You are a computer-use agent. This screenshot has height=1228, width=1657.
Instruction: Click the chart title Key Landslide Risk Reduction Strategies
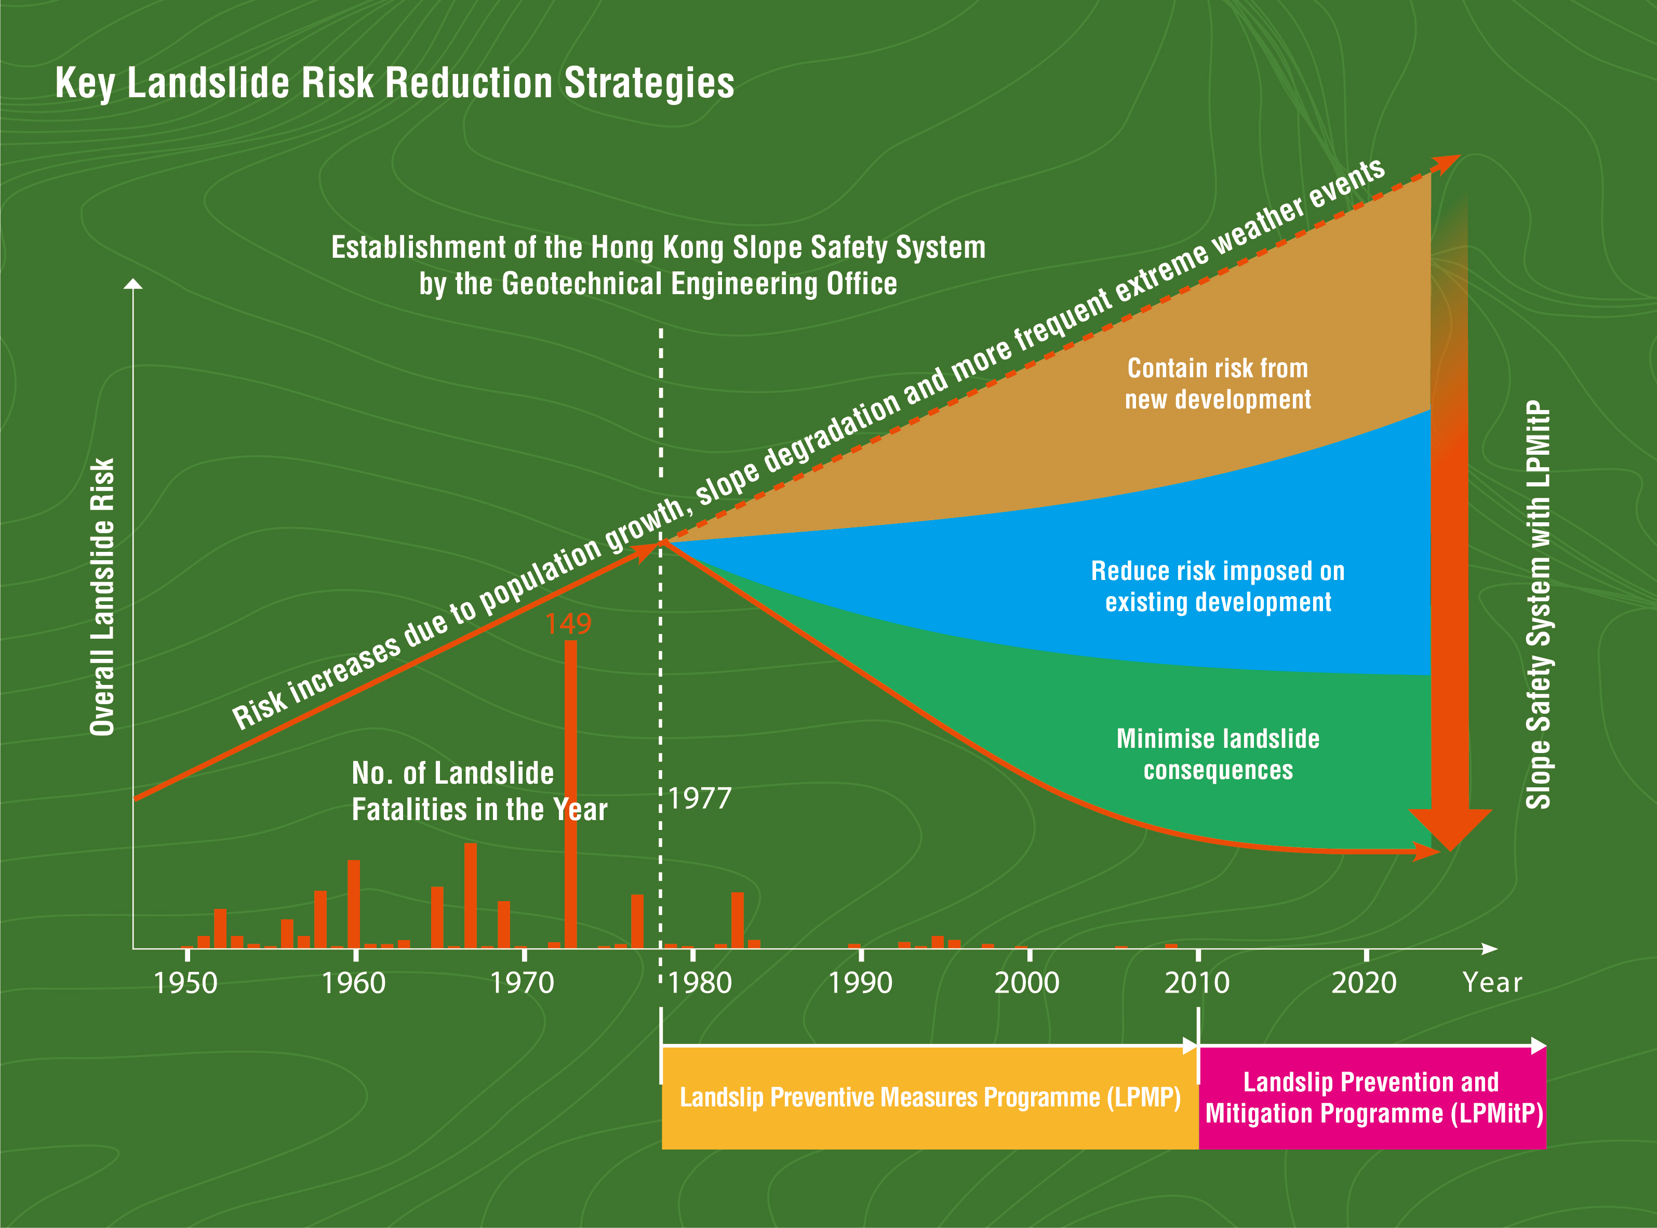click(395, 83)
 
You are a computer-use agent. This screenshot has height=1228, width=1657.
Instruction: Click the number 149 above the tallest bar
click(568, 624)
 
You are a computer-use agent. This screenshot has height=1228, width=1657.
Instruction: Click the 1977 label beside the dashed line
click(700, 799)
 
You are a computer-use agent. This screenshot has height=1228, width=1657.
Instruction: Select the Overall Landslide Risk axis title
click(102, 597)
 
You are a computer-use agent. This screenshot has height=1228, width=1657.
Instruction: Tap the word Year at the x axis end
click(1492, 983)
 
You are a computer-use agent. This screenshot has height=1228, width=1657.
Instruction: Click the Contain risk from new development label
click(1218, 384)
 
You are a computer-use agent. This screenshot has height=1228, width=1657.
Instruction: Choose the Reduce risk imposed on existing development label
click(1218, 587)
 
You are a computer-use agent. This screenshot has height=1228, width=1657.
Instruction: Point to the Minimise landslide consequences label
click(1218, 755)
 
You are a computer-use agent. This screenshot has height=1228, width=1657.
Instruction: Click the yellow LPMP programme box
click(930, 1098)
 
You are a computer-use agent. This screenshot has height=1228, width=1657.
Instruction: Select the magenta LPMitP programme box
click(1372, 1098)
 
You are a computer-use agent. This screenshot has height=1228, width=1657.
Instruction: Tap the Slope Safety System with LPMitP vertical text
click(1538, 604)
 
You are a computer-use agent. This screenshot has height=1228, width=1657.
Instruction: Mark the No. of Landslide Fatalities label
click(479, 791)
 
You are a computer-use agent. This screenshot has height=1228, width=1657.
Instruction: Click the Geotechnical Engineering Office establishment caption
click(658, 266)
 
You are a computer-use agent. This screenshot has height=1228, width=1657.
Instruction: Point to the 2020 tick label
click(1364, 983)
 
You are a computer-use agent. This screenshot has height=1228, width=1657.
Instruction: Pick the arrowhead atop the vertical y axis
click(133, 284)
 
